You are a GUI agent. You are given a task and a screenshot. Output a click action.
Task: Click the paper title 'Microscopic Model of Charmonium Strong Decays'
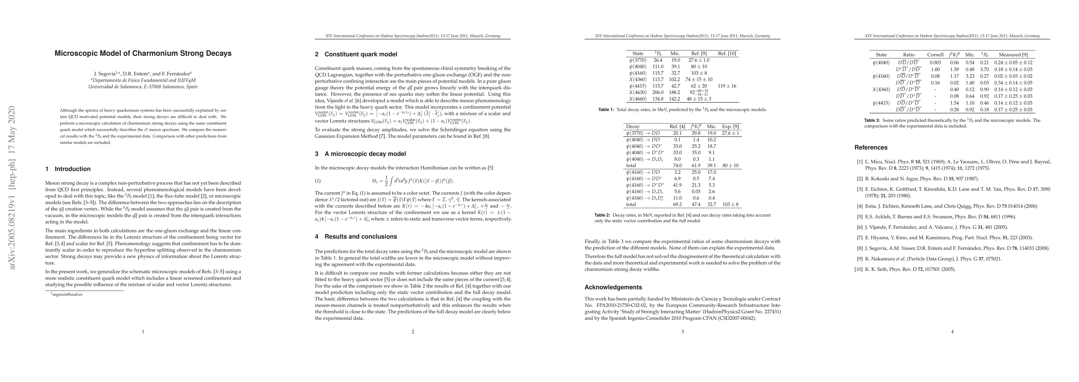click(x=143, y=54)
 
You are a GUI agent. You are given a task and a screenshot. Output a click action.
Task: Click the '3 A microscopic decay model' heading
click(x=360, y=154)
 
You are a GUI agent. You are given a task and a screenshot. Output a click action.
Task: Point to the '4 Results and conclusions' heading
click(x=356, y=237)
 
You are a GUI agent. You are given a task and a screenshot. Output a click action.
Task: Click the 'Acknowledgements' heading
click(x=613, y=287)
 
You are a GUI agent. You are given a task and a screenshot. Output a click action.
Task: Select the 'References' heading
click(x=871, y=148)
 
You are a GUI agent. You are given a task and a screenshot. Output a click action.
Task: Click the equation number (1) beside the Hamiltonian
click(x=317, y=181)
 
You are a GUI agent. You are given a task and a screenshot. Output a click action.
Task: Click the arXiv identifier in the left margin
click(x=12, y=189)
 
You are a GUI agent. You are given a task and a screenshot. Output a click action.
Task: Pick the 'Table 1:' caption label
click(x=606, y=110)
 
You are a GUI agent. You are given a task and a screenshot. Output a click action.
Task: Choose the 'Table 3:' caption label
click(x=872, y=120)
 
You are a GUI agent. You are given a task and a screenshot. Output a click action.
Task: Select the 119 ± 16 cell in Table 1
click(x=727, y=86)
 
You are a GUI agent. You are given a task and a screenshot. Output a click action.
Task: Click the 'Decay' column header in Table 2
click(x=633, y=126)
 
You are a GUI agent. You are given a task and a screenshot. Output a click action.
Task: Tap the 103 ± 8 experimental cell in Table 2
click(x=730, y=205)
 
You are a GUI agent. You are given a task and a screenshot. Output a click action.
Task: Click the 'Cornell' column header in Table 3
click(x=935, y=54)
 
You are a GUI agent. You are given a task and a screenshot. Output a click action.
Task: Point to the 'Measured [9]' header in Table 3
click(x=1013, y=54)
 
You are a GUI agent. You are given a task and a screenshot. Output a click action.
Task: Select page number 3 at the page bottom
click(x=682, y=332)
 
